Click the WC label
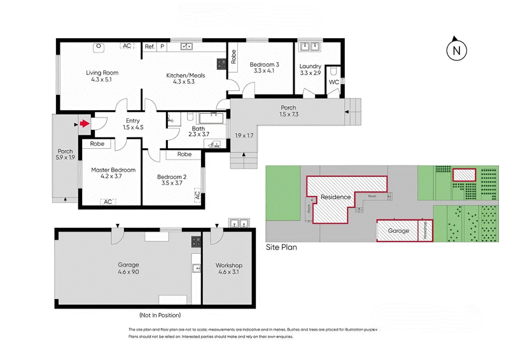[334, 83]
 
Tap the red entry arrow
[84, 124]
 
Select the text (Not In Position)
[160, 315]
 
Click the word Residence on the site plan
[335, 197]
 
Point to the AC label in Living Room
[127, 46]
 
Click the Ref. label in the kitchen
[150, 46]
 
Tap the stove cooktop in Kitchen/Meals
[222, 63]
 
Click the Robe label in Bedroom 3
[234, 57]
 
